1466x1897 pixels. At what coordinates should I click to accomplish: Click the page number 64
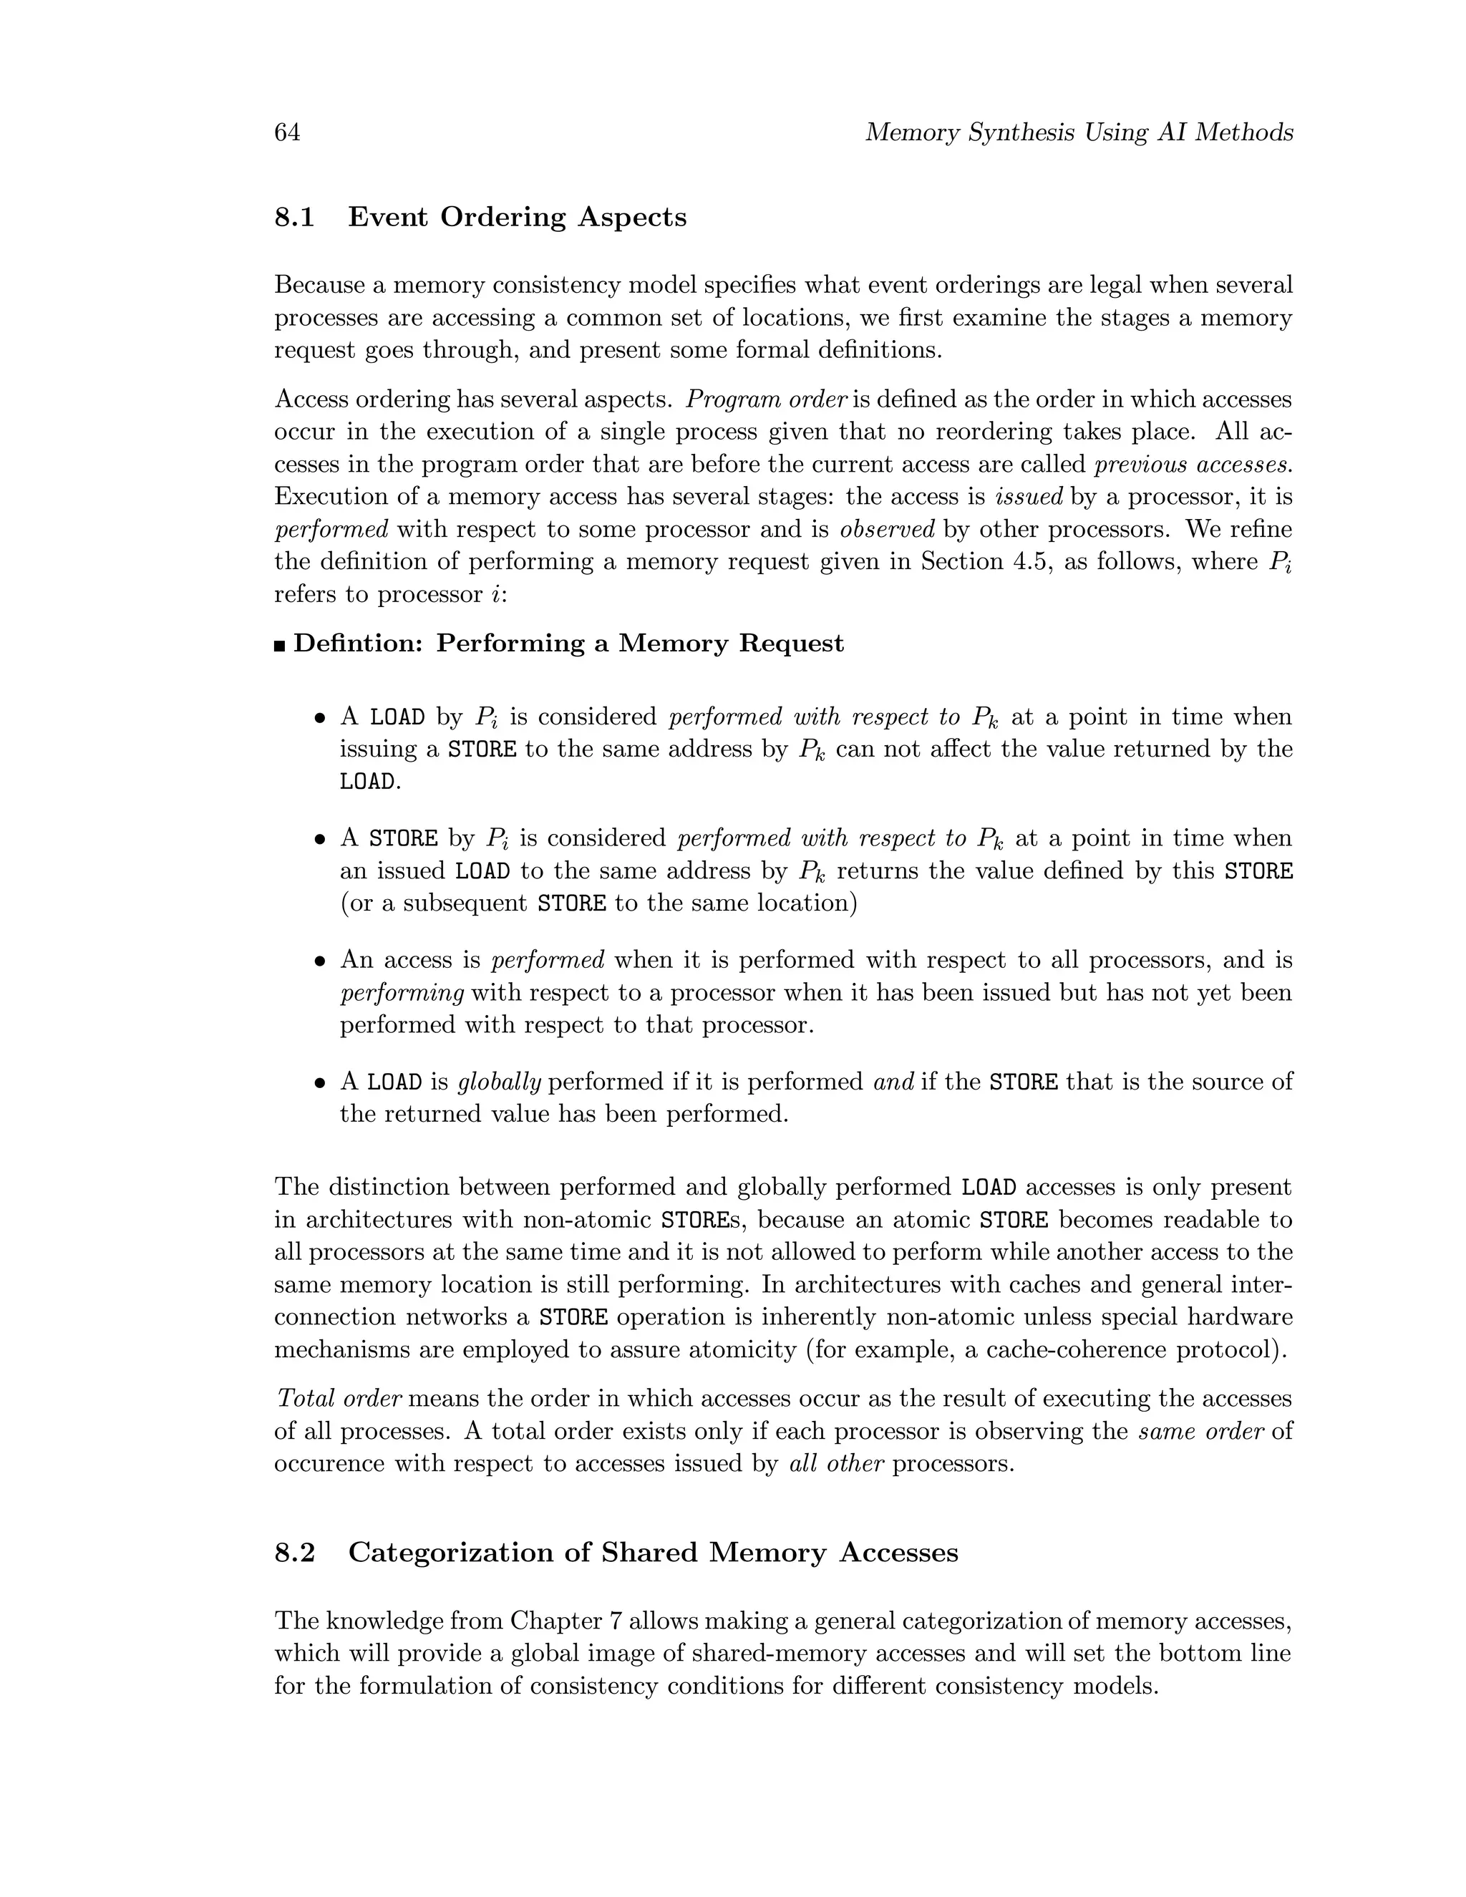pyautogui.click(x=288, y=133)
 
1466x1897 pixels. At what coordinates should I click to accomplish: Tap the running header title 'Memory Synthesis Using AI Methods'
pyautogui.click(x=1079, y=133)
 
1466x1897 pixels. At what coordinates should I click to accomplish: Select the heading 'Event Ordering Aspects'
pyautogui.click(x=517, y=217)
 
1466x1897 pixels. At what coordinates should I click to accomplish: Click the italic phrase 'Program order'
pyautogui.click(x=766, y=399)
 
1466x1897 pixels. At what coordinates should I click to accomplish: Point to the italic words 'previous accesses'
pyautogui.click(x=1193, y=465)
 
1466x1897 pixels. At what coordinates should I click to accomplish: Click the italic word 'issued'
pyautogui.click(x=1029, y=497)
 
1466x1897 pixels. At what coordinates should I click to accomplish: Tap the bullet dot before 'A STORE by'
pyautogui.click(x=321, y=840)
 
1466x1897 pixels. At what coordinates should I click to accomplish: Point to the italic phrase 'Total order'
pyautogui.click(x=339, y=1399)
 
